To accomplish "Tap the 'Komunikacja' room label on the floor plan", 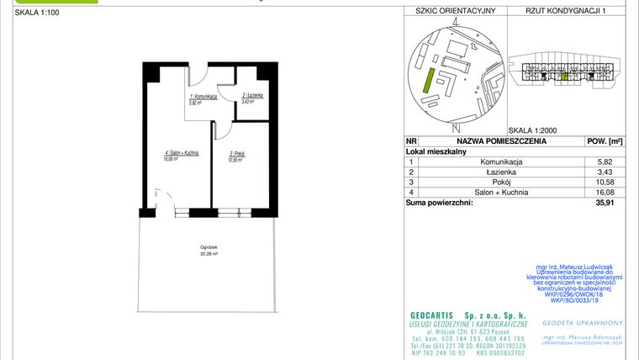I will (x=203, y=98).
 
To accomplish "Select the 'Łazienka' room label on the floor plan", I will (x=253, y=97).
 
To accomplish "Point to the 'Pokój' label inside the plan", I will (x=235, y=155).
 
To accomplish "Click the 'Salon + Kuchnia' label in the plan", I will (x=182, y=153).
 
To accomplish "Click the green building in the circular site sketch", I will (x=429, y=82).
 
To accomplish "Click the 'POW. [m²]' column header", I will (x=604, y=142).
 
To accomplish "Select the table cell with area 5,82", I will (x=604, y=161).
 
